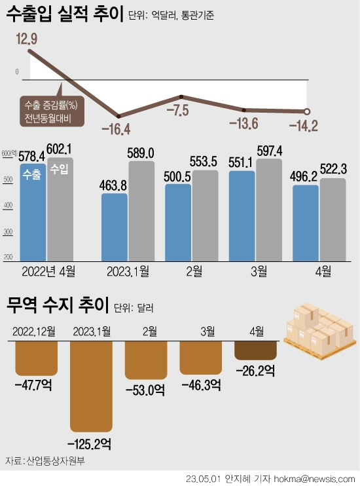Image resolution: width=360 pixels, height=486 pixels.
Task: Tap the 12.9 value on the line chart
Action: tap(27, 40)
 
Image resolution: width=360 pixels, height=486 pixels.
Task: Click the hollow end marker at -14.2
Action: tap(308, 111)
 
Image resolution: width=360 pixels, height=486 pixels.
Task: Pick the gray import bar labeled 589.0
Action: tap(141, 210)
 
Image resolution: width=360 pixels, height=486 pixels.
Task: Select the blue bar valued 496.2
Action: tap(306, 223)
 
